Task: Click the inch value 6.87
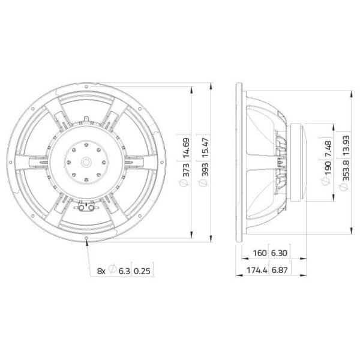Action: [x=280, y=272]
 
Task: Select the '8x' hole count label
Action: [x=101, y=272]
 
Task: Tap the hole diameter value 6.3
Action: [x=123, y=272]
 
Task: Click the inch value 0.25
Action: [x=142, y=272]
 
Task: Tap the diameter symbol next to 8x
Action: [x=112, y=272]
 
